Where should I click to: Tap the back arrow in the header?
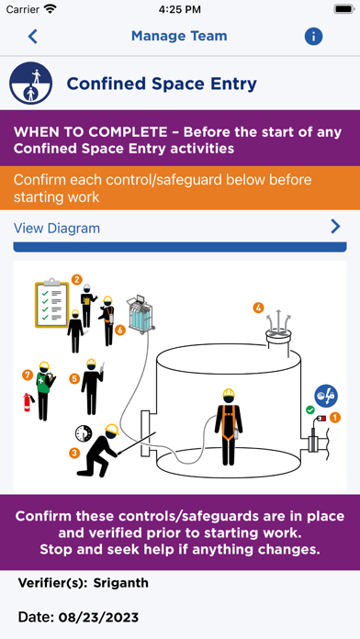[33, 37]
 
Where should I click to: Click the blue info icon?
[313, 37]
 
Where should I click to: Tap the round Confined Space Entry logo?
[31, 84]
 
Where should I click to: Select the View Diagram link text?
[57, 229]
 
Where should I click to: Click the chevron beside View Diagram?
[335, 227]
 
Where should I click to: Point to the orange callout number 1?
[334, 418]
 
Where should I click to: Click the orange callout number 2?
[76, 279]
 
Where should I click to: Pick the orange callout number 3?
[74, 453]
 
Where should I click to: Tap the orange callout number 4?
[258, 308]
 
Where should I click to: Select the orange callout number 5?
[74, 379]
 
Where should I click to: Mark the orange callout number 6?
[119, 331]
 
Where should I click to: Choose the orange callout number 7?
[28, 375]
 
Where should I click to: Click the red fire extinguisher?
[28, 402]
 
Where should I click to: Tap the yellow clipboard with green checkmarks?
[51, 302]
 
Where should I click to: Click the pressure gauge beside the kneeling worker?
[84, 433]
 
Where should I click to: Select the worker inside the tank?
[229, 427]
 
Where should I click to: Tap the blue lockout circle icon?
[326, 396]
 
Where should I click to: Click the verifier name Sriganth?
[120, 583]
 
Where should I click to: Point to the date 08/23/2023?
[98, 617]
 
